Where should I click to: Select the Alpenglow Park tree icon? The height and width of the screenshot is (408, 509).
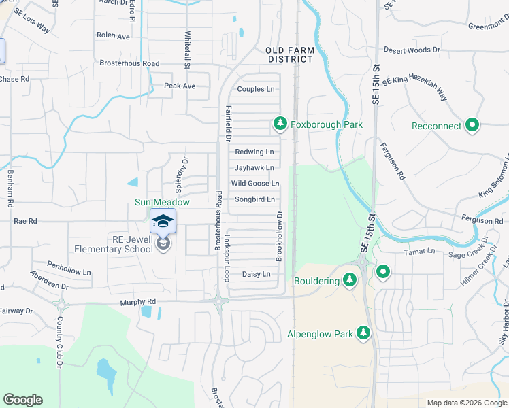364,333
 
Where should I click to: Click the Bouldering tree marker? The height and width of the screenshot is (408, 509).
350,279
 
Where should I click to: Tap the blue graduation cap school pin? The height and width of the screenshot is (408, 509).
163,222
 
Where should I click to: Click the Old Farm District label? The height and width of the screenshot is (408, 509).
289,54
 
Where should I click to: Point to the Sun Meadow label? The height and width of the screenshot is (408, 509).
161,202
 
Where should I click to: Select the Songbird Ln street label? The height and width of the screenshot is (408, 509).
255,199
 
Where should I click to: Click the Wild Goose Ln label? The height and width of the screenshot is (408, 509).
255,184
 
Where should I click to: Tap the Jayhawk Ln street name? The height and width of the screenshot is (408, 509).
255,167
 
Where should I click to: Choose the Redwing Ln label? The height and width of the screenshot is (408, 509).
255,152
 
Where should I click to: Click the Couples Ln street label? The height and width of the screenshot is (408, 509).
256,89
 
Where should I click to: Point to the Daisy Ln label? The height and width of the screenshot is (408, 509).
257,274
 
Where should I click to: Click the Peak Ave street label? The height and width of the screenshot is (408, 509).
180,86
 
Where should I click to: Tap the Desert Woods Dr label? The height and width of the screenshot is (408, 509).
412,50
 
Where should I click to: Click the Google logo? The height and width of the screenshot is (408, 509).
22,400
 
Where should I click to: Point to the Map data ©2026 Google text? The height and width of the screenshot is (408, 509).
466,403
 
